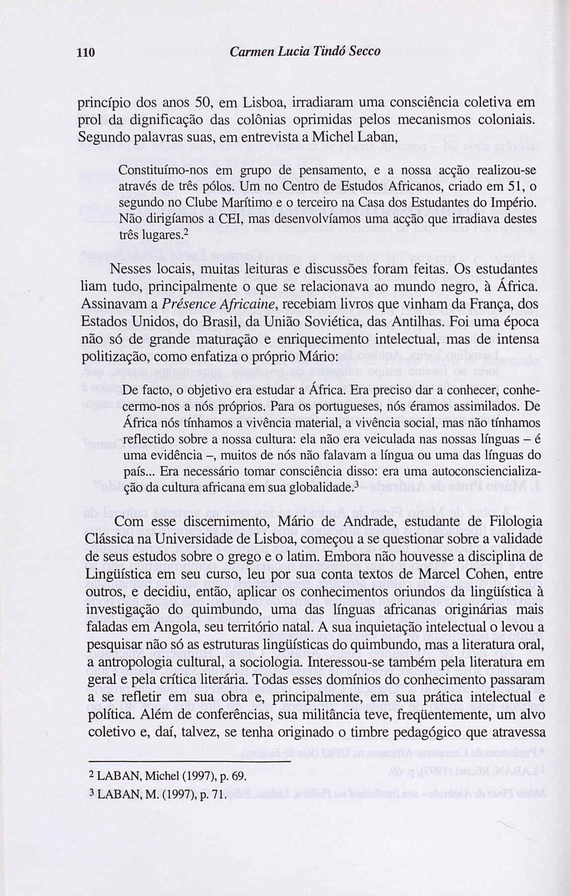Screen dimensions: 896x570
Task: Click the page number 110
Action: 86,52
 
